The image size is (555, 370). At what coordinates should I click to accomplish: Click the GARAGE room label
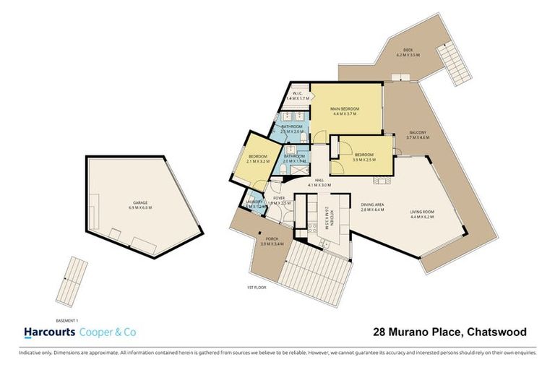tap(141, 202)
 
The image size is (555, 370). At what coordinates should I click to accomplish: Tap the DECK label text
tap(408, 50)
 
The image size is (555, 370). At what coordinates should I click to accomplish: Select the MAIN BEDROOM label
tap(345, 108)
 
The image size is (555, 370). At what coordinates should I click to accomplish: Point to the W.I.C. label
tap(297, 93)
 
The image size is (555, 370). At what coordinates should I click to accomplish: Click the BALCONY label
tap(418, 132)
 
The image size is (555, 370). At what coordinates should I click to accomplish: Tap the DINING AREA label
tap(373, 205)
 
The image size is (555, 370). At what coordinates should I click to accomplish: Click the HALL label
tap(319, 181)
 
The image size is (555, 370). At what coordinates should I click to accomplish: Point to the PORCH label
tap(272, 238)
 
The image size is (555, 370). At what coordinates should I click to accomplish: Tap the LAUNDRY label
tap(252, 202)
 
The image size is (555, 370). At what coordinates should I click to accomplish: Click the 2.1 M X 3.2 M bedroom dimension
tap(258, 161)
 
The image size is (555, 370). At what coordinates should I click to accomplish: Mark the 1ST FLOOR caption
tap(253, 288)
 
